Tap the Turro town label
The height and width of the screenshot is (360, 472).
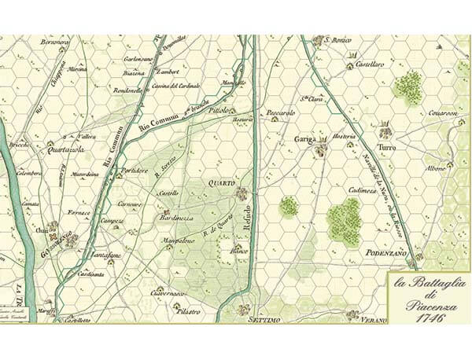click(x=386, y=147)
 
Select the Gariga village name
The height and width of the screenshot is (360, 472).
click(x=304, y=139)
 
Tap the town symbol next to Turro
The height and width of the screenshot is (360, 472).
click(x=385, y=131)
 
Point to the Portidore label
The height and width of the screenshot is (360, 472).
click(x=133, y=170)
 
